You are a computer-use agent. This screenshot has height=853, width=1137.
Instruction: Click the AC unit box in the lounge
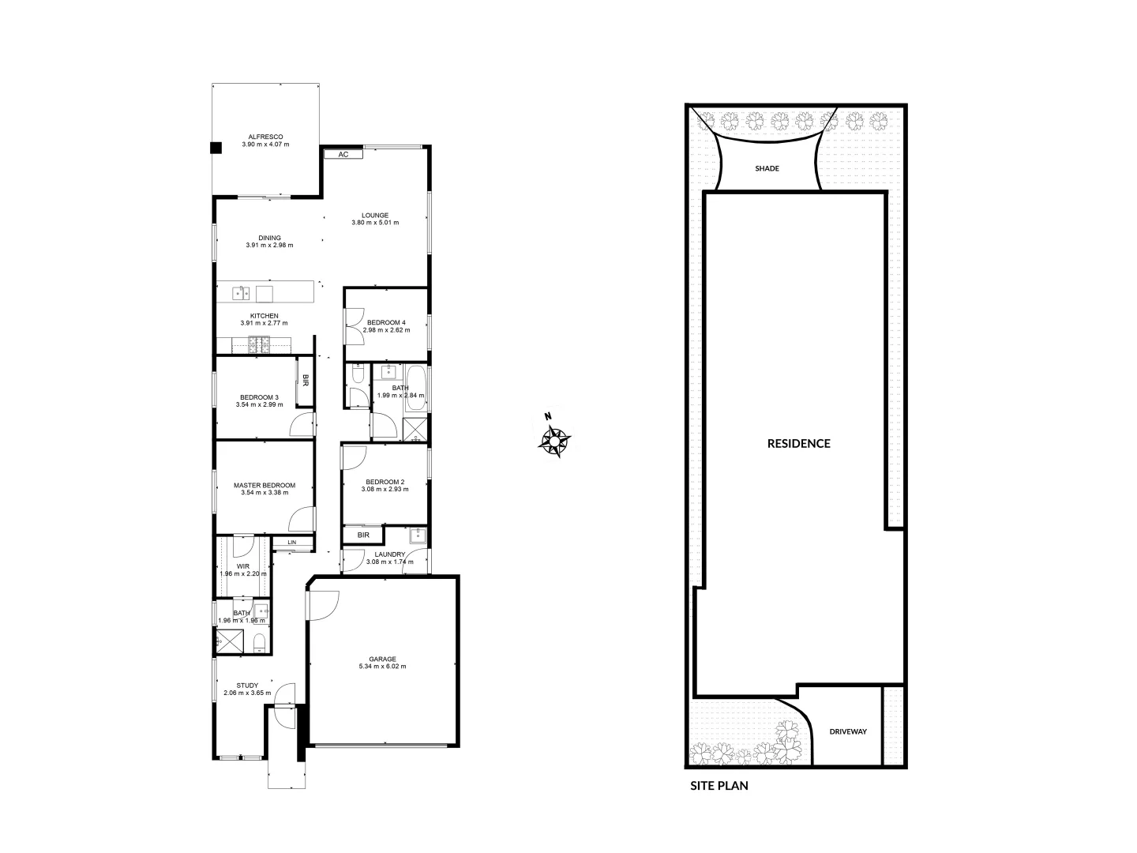(343, 155)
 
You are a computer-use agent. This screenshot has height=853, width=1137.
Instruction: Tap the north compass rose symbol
(556, 440)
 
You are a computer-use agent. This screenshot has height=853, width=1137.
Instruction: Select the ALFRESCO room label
(265, 137)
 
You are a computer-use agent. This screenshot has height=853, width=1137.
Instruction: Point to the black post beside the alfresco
(215, 146)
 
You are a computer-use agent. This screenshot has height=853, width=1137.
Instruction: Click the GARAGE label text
(382, 659)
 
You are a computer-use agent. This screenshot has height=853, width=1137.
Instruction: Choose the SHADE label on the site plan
(767, 168)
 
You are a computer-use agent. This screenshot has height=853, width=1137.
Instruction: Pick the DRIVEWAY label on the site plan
(848, 731)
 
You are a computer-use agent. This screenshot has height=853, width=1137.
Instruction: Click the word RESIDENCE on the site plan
(798, 443)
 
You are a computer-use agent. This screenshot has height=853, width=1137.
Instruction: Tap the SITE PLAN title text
(719, 786)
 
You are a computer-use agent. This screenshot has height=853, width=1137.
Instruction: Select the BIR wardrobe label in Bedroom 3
(305, 380)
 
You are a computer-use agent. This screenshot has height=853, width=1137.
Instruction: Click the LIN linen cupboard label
(291, 543)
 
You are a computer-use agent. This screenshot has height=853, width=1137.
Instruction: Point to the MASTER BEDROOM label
(265, 486)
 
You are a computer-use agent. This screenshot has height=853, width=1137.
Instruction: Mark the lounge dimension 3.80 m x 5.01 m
(375, 223)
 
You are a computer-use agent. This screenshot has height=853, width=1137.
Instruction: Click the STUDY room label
(248, 686)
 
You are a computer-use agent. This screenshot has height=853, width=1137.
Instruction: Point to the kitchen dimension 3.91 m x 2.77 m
(264, 323)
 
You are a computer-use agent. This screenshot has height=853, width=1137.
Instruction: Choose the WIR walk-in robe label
(242, 566)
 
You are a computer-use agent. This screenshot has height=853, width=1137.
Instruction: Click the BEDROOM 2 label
(385, 482)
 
